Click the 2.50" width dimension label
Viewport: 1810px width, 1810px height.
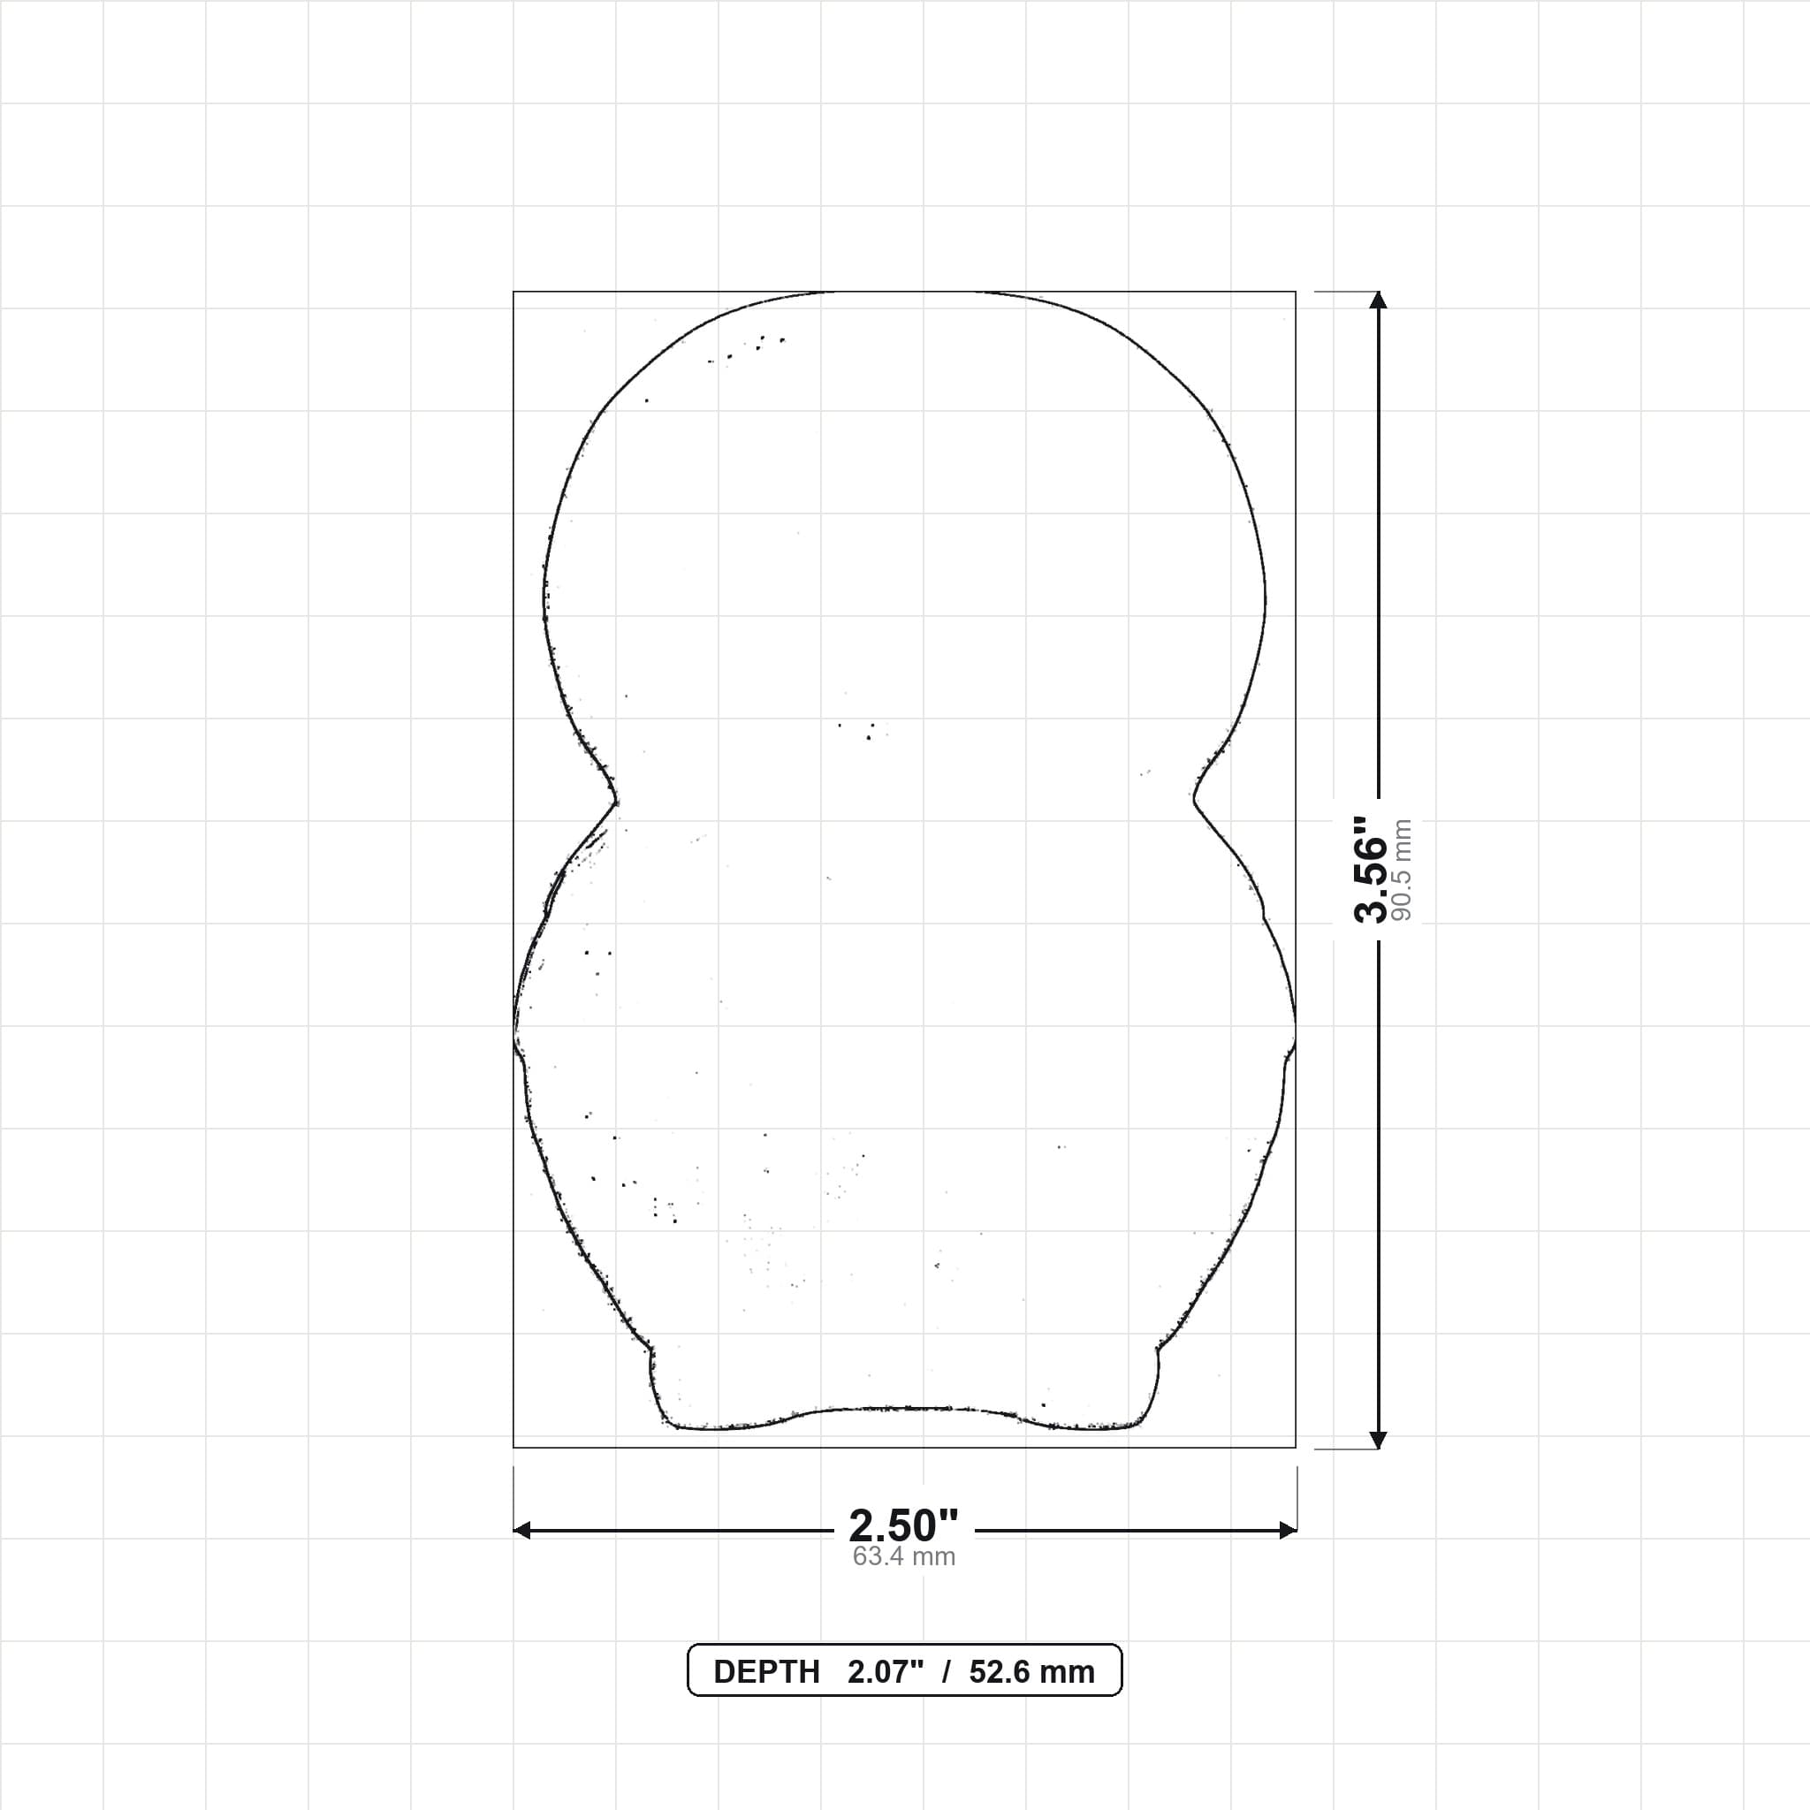pyautogui.click(x=904, y=1526)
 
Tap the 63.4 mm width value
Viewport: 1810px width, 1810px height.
pyautogui.click(x=904, y=1557)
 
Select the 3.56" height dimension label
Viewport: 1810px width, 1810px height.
pyautogui.click(x=1371, y=869)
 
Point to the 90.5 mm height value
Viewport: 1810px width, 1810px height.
pyautogui.click(x=1402, y=870)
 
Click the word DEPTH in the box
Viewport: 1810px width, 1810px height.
pyautogui.click(x=766, y=1672)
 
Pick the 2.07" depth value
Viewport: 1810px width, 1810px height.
pyautogui.click(x=886, y=1672)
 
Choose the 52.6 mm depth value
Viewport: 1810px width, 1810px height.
pyautogui.click(x=1031, y=1672)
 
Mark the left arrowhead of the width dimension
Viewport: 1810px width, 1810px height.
pyautogui.click(x=521, y=1530)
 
